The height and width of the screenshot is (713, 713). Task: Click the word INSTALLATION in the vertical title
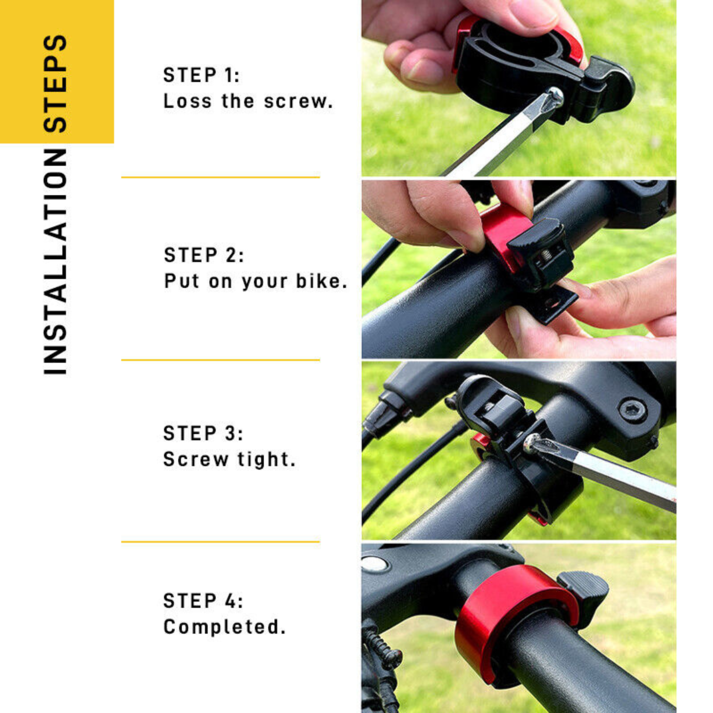click(x=55, y=262)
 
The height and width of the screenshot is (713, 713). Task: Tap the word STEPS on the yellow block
click(x=55, y=83)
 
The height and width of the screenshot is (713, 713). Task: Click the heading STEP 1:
click(x=201, y=75)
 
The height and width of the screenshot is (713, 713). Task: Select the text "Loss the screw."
click(x=248, y=101)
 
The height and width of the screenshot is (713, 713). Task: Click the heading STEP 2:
click(x=204, y=255)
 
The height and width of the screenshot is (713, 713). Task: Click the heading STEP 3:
click(x=203, y=433)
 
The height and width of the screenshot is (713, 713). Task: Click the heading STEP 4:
click(x=203, y=601)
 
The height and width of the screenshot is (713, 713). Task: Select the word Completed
click(x=224, y=627)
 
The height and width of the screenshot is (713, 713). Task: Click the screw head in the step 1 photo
click(x=555, y=97)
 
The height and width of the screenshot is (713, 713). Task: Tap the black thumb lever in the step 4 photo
click(x=584, y=588)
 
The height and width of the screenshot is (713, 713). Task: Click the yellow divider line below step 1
click(x=221, y=177)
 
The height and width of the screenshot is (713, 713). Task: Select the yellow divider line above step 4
click(x=221, y=542)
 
